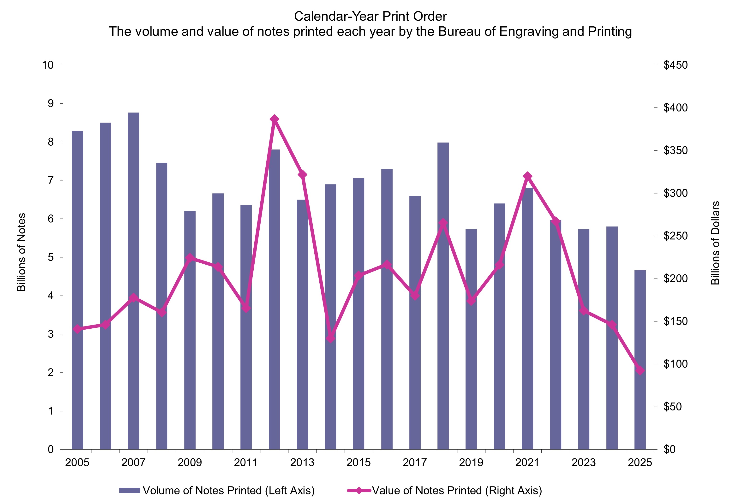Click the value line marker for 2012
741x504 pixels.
tap(274, 119)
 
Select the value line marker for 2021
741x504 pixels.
tap(527, 176)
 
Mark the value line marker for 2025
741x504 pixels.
tap(640, 370)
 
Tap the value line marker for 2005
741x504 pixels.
tap(77, 329)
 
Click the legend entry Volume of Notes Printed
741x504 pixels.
tap(217, 490)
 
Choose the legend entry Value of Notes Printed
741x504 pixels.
tap(445, 490)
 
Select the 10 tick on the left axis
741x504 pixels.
tap(48, 65)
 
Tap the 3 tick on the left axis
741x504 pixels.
tap(50, 334)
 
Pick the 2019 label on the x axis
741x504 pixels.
tap(471, 462)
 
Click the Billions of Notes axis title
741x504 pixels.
tap(21, 252)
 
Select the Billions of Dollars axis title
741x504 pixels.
tap(715, 243)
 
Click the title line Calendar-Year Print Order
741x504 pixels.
tap(370, 16)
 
